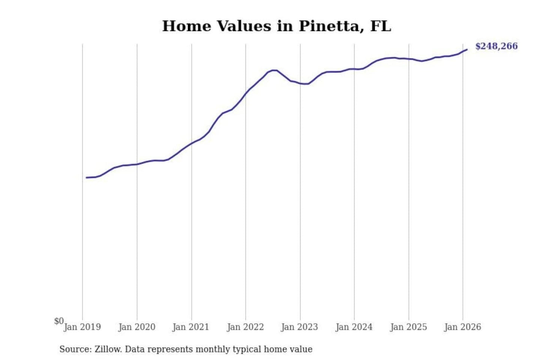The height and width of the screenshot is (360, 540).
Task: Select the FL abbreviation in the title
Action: (x=380, y=26)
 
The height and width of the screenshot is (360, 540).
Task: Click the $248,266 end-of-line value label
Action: (x=496, y=46)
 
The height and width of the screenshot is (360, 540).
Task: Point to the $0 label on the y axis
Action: (x=59, y=321)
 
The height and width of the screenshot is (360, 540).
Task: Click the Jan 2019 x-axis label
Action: (x=82, y=327)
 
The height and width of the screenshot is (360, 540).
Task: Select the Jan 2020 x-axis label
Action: (x=136, y=327)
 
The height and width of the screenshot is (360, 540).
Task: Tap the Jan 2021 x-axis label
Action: (x=190, y=327)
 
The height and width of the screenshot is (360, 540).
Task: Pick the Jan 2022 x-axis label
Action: (x=245, y=327)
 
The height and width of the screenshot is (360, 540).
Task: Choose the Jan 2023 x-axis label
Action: (x=299, y=327)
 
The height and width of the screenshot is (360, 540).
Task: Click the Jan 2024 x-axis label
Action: (x=354, y=327)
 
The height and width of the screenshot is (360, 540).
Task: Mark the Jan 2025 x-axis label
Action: (x=408, y=327)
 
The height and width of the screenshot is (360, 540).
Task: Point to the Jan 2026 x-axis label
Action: (x=462, y=327)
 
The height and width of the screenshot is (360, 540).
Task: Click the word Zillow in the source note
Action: (x=108, y=349)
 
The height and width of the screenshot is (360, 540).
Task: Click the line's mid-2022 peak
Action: (x=274, y=70)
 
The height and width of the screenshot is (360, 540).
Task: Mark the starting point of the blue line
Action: (x=86, y=177)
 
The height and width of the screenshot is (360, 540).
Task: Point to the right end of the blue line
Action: (x=467, y=49)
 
